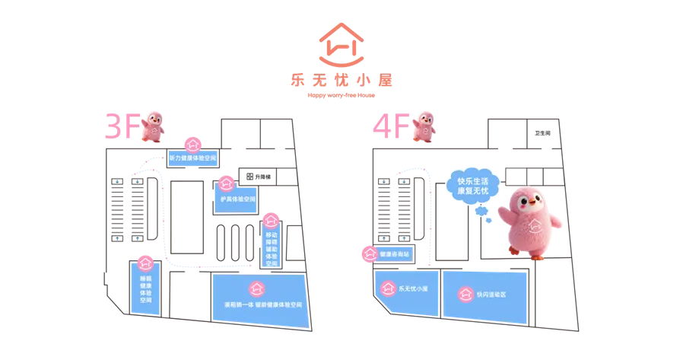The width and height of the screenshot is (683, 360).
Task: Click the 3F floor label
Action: pos(122,126)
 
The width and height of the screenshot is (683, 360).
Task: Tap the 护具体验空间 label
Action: pos(235,199)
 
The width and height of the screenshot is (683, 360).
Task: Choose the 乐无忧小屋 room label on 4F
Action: pos(415,289)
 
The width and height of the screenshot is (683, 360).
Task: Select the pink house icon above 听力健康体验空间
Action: pos(192,142)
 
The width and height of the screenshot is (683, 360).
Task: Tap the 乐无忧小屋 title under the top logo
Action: pos(341,80)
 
